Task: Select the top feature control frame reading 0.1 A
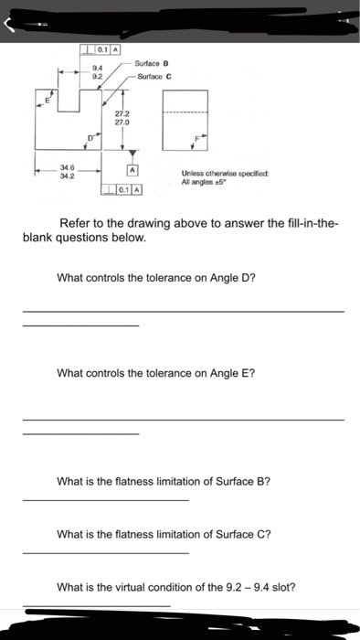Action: point(104,48)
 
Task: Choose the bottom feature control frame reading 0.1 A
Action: point(123,189)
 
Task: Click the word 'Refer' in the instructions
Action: point(76,223)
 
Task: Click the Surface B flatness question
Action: point(164,481)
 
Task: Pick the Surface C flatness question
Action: point(164,534)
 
